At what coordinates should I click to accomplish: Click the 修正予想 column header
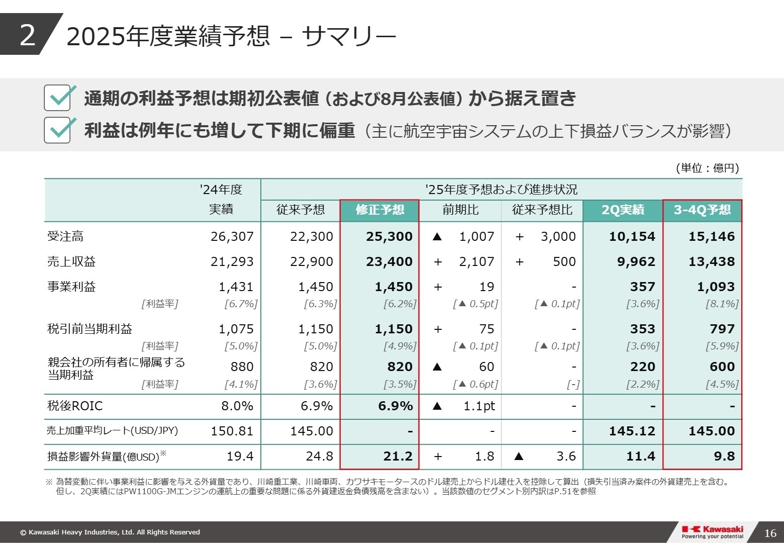[x=379, y=210]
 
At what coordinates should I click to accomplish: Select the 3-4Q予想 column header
[x=702, y=210]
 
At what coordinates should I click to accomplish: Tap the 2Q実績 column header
[x=623, y=210]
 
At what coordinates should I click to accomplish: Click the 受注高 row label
[x=65, y=236]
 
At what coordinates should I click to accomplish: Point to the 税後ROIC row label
[x=75, y=406]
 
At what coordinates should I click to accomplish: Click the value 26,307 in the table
[x=232, y=236]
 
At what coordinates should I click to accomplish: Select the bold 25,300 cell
[x=389, y=236]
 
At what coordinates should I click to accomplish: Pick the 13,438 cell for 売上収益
[x=712, y=261]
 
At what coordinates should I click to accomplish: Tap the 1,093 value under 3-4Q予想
[x=716, y=287]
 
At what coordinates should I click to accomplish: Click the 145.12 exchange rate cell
[x=632, y=431]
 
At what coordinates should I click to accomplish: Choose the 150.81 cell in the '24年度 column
[x=232, y=431]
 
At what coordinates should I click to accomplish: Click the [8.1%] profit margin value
[x=722, y=304]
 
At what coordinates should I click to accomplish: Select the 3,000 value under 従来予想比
[x=558, y=236]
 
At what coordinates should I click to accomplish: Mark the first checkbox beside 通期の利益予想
[x=57, y=98]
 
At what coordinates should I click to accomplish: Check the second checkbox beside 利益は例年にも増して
[x=57, y=130]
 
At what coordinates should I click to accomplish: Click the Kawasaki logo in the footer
[x=712, y=531]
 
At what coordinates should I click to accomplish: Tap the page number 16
[x=770, y=533]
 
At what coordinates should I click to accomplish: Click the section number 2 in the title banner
[x=28, y=35]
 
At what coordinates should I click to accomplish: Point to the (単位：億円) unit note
[x=707, y=168]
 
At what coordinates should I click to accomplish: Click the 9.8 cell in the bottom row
[x=724, y=456]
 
